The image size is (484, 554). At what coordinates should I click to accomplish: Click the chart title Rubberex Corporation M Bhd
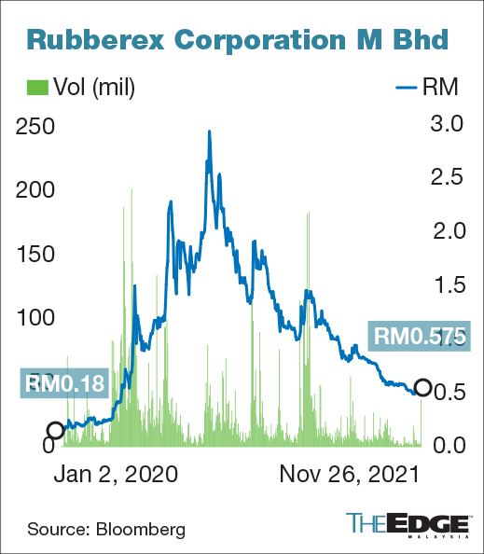coord(237,38)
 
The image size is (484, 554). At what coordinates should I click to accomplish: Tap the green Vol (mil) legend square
coord(35,89)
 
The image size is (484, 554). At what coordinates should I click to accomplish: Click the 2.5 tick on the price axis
coord(445,176)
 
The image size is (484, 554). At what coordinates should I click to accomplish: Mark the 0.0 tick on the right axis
coord(445,446)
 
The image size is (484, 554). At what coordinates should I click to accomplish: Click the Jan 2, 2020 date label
coord(116,474)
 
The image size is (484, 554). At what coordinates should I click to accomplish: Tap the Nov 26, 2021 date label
coord(350,474)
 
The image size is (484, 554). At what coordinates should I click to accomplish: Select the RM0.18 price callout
coord(64,382)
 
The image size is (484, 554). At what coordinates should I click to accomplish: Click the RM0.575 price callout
coord(420,335)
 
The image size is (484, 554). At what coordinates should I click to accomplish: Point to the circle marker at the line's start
coord(55,430)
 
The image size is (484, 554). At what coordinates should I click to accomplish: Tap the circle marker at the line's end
coord(422,388)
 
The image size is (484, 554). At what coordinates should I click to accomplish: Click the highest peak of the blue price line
coord(209,132)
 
